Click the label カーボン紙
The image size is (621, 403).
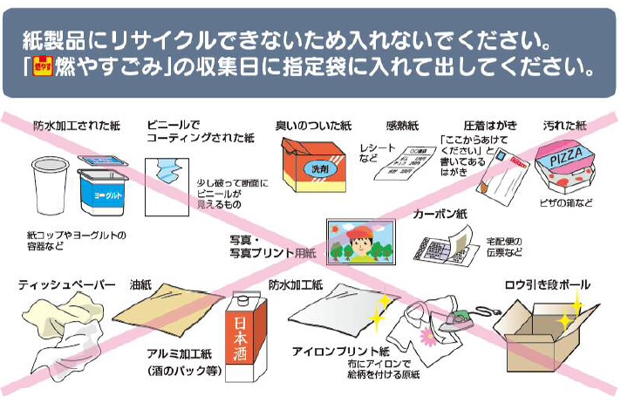point(440,213)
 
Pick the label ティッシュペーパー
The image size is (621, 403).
point(67,284)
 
